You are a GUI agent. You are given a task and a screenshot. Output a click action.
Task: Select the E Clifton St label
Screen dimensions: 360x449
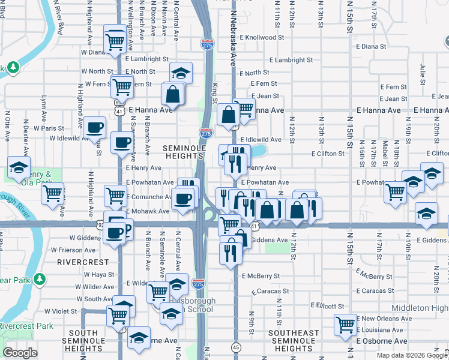(327, 154)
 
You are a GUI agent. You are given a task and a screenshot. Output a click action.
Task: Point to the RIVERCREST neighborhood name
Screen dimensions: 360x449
(83, 262)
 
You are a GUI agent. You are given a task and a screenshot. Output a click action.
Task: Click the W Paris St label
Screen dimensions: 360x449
(49, 128)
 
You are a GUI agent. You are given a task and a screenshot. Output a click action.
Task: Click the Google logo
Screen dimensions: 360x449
(20, 353)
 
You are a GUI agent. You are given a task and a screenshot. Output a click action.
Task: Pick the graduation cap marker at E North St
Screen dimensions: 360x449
(181, 73)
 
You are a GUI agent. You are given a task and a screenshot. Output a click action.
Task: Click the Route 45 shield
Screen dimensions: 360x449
(236, 347)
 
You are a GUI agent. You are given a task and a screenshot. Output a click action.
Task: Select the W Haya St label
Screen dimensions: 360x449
(99, 274)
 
